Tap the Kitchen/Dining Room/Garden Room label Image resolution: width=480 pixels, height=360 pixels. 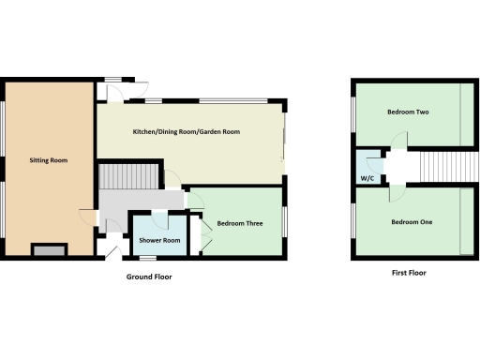187,132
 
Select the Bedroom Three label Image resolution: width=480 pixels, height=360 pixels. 238,223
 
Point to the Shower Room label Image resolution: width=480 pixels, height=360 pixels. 158,241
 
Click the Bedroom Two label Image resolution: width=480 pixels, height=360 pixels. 408,112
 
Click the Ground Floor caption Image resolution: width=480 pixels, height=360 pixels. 149,277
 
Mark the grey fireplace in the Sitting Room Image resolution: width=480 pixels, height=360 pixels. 49,248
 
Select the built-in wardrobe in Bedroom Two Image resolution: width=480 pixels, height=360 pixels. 466,113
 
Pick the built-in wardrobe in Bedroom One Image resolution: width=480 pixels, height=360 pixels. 466,221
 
